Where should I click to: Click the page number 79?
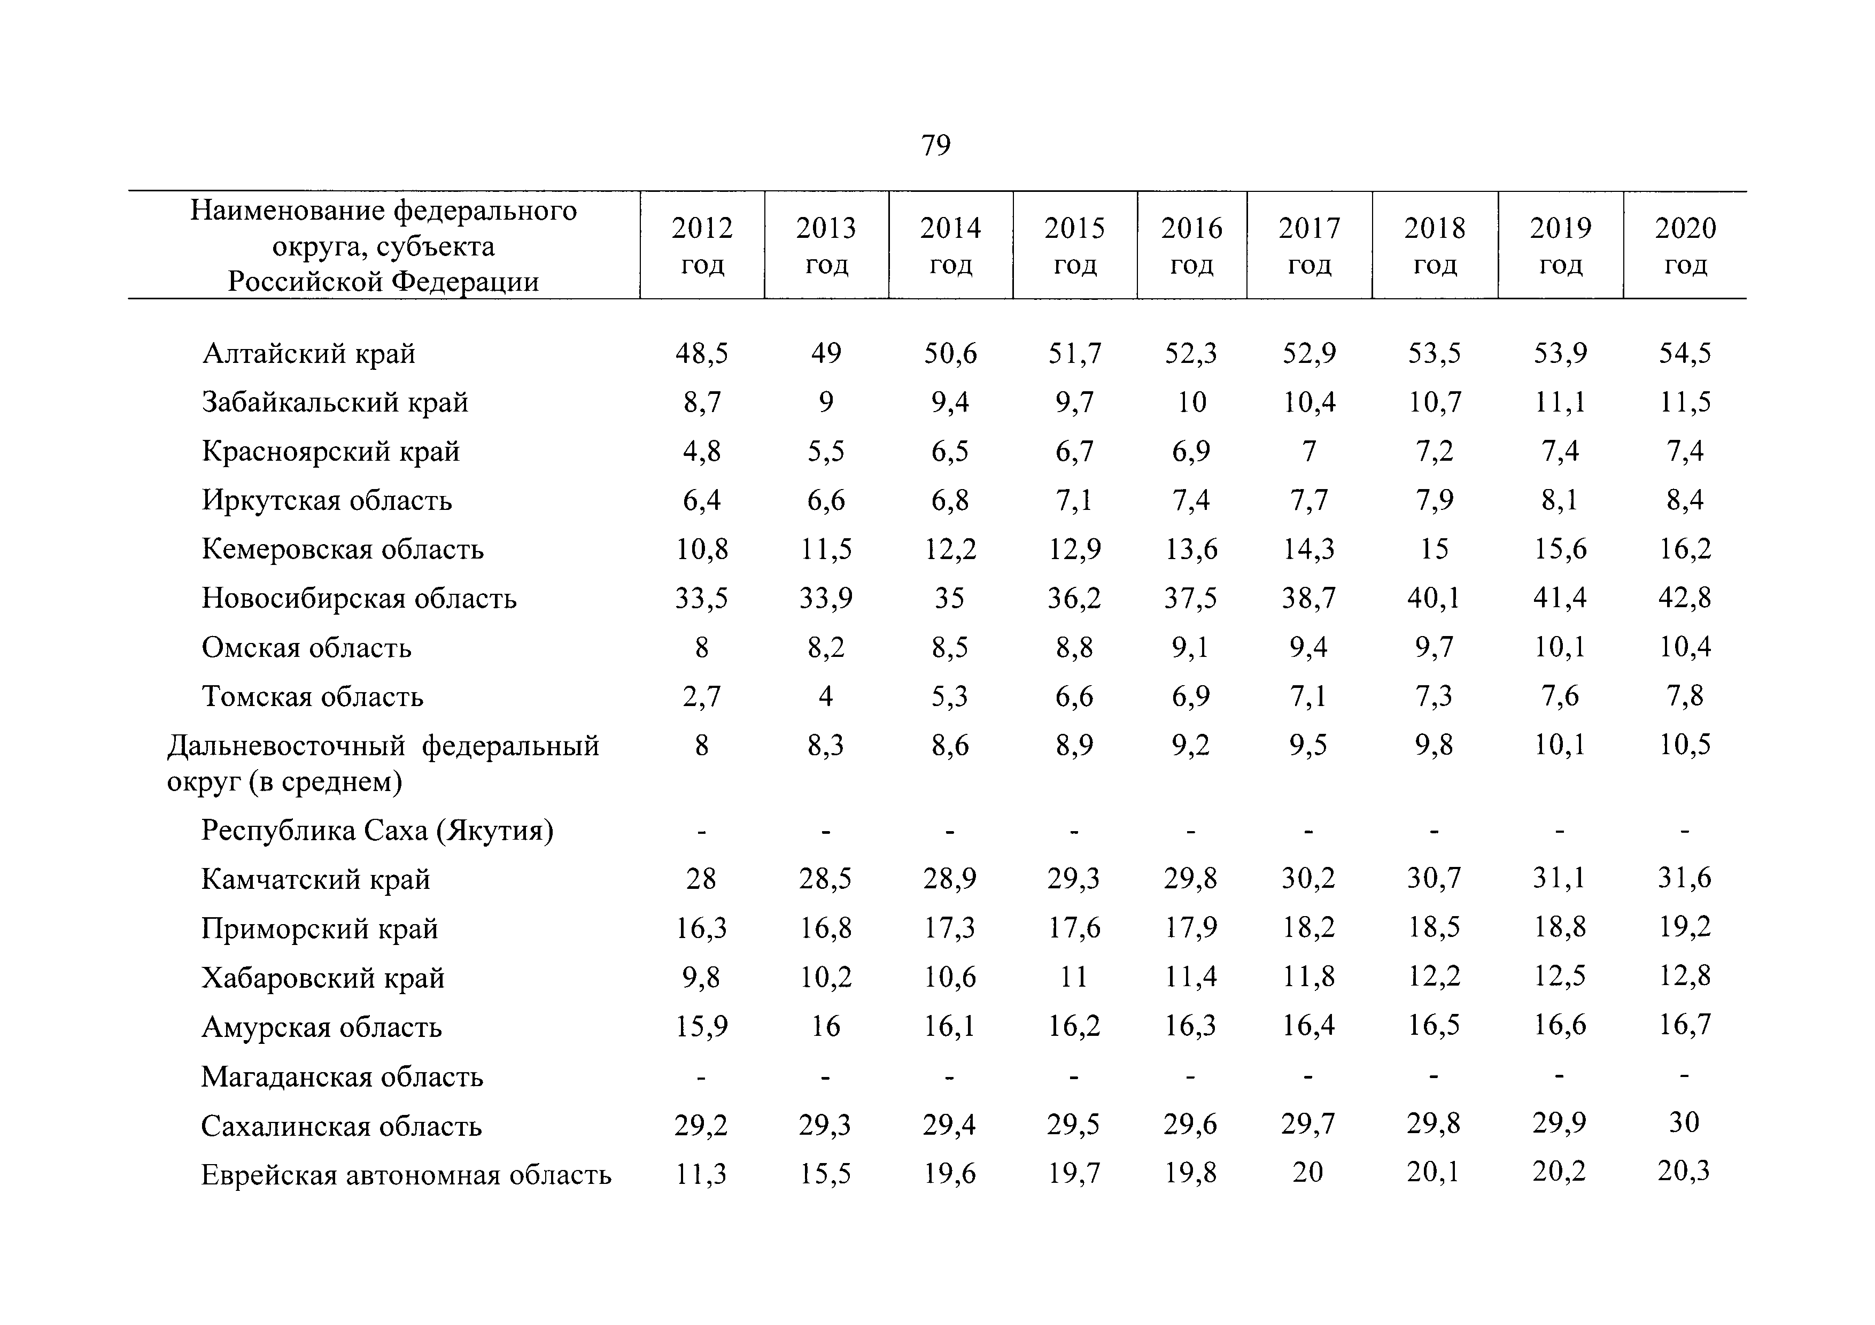coord(936,145)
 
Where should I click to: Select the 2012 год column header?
coord(702,245)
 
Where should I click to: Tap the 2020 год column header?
coord(1686,245)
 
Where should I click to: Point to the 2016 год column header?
coord(1191,245)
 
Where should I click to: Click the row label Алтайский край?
coord(309,353)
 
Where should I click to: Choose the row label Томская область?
coord(313,696)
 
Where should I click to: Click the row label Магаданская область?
coord(342,1077)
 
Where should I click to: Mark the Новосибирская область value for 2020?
coord(1685,598)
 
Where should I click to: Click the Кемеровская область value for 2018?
coord(1434,548)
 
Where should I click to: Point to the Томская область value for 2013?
coord(826,695)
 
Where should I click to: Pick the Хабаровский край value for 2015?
coord(1074,977)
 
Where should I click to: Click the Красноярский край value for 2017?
coord(1309,451)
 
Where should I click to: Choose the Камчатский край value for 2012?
coord(701,879)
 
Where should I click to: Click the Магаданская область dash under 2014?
coord(950,1078)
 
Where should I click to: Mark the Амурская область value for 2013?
coord(826,1025)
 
